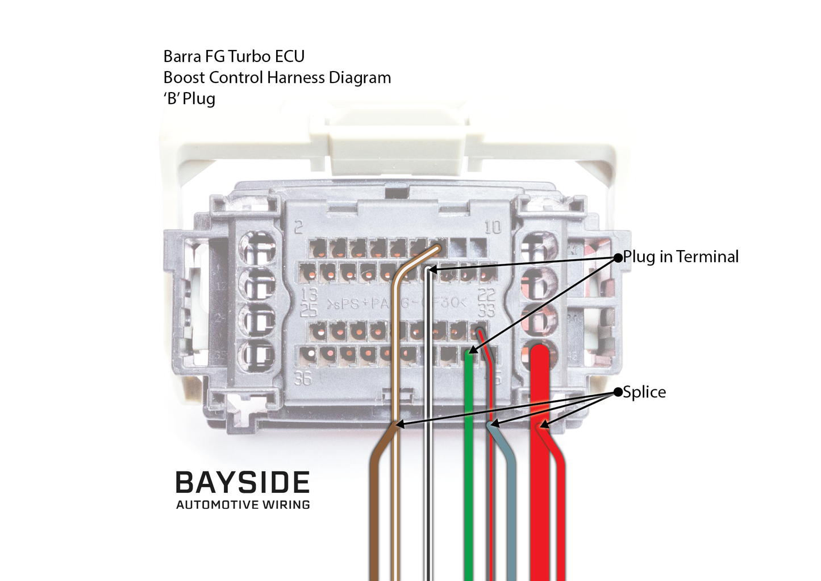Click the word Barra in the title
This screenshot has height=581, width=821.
click(182, 56)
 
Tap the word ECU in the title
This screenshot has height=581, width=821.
click(290, 56)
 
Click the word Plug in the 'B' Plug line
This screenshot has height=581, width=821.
click(199, 99)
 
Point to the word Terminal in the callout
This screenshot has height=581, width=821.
click(707, 256)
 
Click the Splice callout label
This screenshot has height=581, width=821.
click(644, 392)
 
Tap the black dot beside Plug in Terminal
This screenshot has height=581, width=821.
click(618, 258)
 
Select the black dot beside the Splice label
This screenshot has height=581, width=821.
click(618, 392)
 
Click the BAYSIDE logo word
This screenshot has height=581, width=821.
click(243, 483)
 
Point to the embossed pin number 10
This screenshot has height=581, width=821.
click(493, 227)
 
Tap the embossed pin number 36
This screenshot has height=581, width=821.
click(303, 378)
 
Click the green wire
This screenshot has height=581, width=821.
click(469, 483)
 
